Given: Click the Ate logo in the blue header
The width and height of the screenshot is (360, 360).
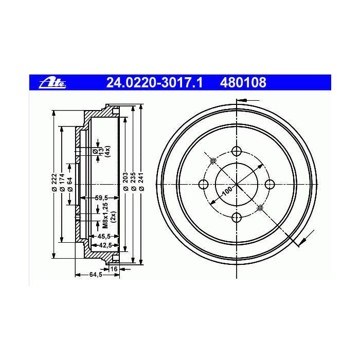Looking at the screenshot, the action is (x=53, y=83).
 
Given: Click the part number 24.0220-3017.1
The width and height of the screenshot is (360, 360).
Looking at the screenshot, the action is (x=154, y=83).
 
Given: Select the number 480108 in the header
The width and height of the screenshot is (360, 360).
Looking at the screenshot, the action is (x=243, y=83).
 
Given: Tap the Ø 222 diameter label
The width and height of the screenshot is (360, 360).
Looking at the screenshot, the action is (x=54, y=182).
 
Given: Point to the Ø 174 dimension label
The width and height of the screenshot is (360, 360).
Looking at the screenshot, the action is (x=62, y=182).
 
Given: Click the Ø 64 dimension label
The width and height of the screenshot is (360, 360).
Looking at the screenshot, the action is (x=70, y=184).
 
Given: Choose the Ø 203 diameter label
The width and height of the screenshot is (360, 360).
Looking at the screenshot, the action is (x=125, y=182).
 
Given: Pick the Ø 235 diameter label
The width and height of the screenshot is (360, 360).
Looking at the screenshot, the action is (x=133, y=182).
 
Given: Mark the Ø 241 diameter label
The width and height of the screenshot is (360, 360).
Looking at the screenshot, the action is (x=141, y=182).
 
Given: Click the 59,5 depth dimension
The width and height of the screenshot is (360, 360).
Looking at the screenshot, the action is (x=101, y=197).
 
